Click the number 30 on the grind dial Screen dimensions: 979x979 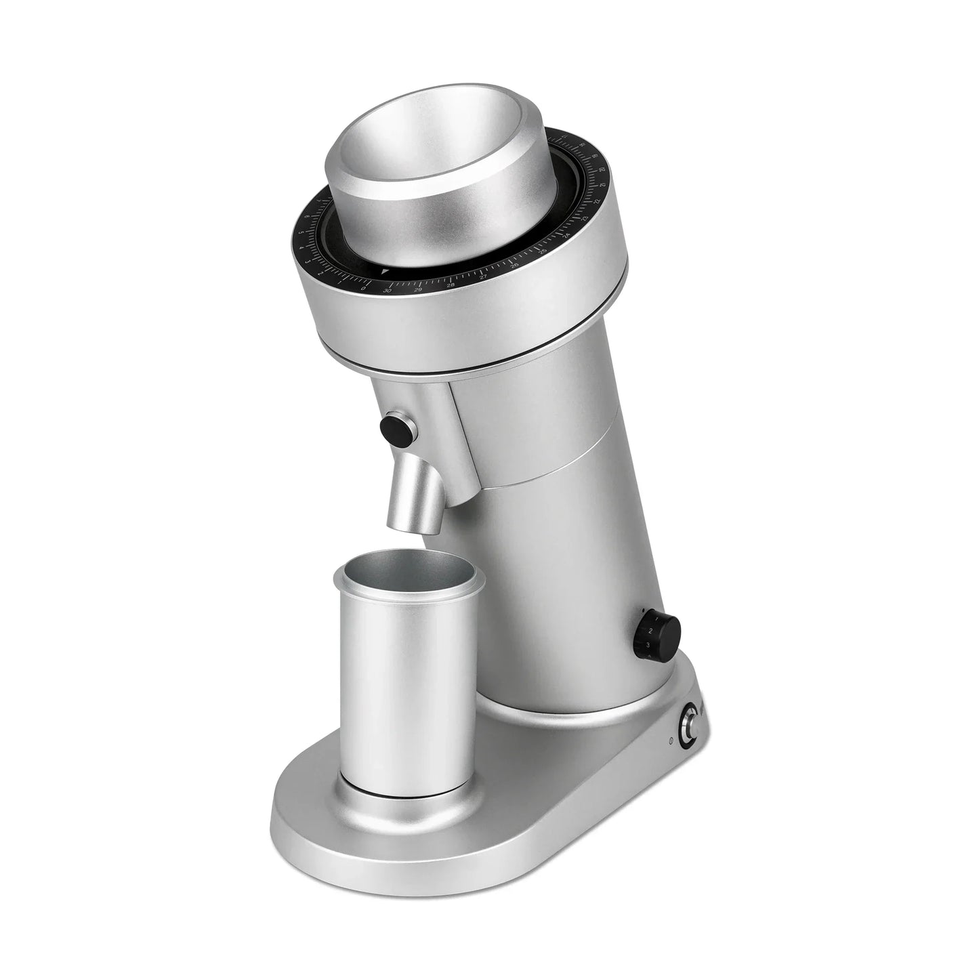coord(388,289)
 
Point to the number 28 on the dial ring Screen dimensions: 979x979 coord(451,285)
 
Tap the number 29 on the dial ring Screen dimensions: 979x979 coord(418,289)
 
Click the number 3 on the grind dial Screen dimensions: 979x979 coord(308,260)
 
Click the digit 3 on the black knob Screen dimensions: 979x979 coord(648,644)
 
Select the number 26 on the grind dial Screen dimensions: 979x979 coord(514,266)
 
